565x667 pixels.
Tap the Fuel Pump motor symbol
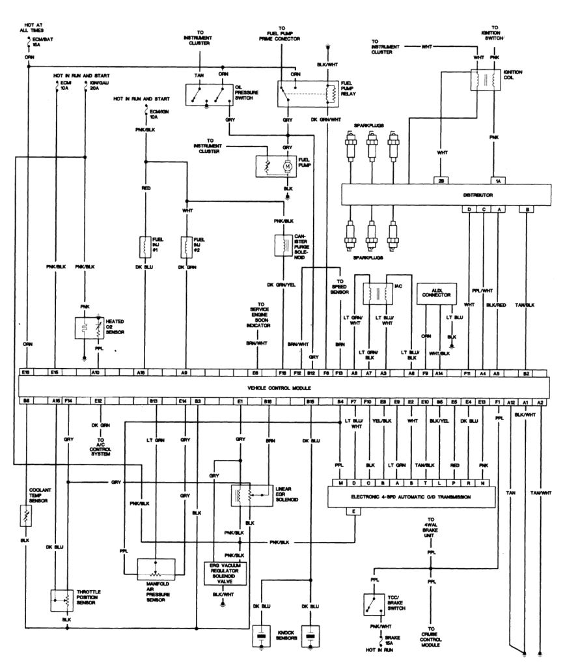pyautogui.click(x=286, y=167)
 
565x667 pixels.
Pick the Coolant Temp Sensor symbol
pyautogui.click(x=27, y=517)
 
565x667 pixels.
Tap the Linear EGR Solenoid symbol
pyautogui.click(x=251, y=495)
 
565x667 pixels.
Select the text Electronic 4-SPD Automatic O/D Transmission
pyautogui.click(x=410, y=496)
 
